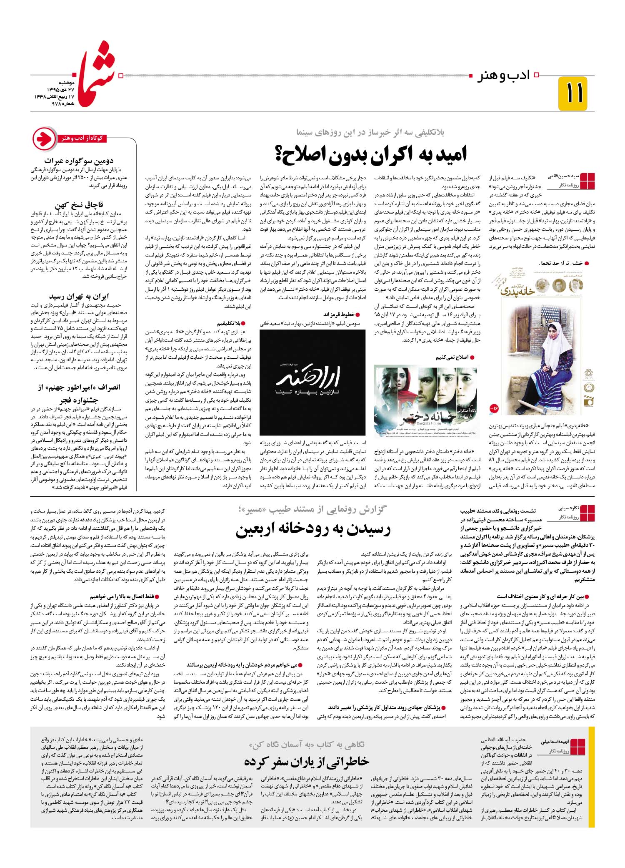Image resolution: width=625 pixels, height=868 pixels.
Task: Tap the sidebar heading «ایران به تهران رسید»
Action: (79, 297)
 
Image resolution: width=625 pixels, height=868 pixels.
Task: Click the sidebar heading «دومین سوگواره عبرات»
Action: (79, 161)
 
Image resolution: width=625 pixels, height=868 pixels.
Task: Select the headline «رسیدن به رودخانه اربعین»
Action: (313, 530)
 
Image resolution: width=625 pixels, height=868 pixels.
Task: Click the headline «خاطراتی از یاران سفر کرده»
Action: (307, 761)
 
